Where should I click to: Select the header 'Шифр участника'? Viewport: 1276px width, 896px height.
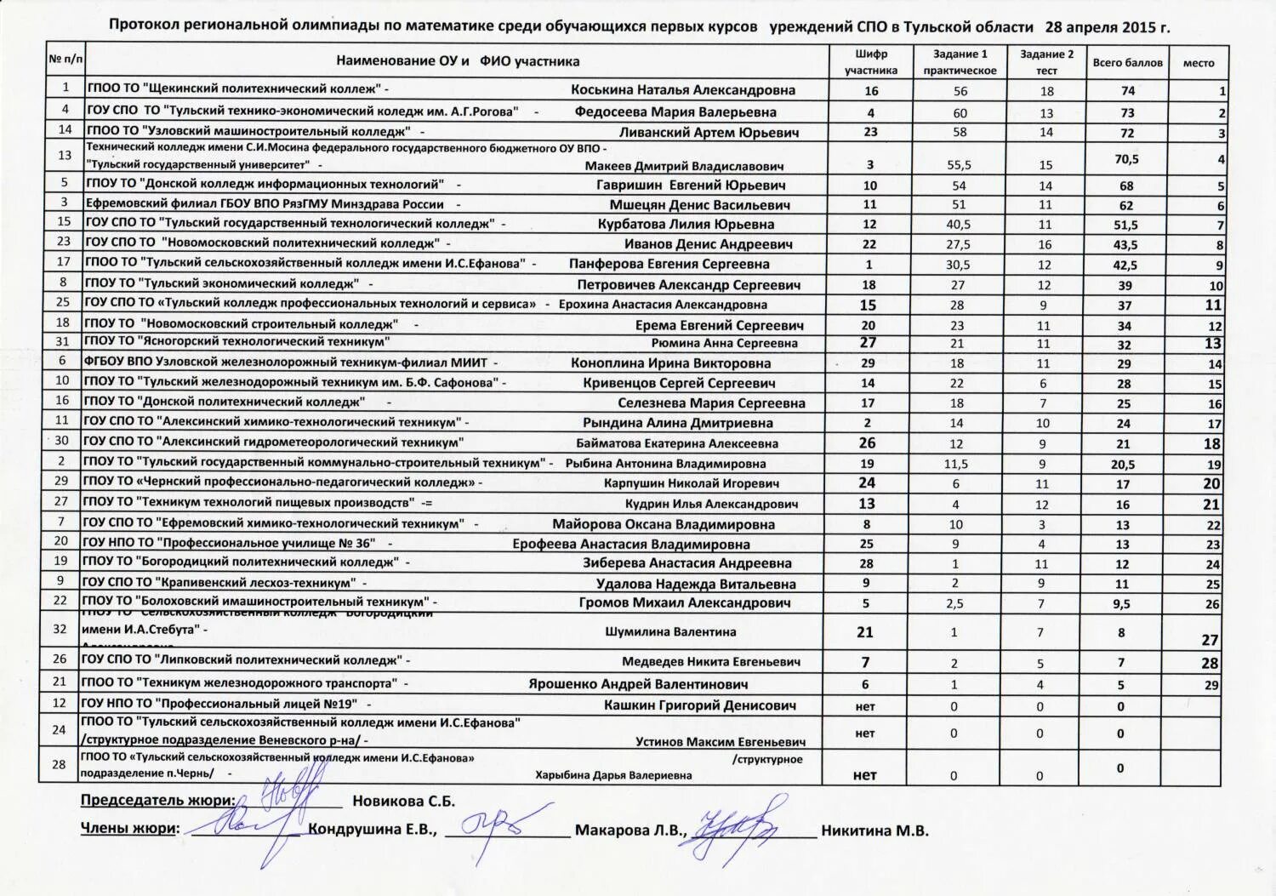click(x=870, y=62)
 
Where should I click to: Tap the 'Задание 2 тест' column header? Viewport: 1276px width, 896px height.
click(x=1046, y=62)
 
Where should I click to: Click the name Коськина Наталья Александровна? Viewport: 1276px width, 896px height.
click(x=683, y=90)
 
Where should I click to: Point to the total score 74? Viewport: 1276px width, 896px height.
click(x=1128, y=91)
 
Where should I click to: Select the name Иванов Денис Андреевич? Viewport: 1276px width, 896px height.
click(x=708, y=244)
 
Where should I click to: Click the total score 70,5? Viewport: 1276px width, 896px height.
click(x=1126, y=159)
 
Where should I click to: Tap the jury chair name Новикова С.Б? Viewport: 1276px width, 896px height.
click(x=403, y=801)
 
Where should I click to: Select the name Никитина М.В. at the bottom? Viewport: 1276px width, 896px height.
click(x=874, y=831)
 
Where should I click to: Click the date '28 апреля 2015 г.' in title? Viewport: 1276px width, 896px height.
click(x=1108, y=27)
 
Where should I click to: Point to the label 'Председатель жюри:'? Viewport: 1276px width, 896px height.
click(x=157, y=801)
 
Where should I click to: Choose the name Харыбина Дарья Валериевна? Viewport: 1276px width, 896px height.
click(x=612, y=775)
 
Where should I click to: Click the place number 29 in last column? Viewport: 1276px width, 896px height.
click(x=1210, y=685)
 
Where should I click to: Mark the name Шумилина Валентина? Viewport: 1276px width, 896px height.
click(x=670, y=632)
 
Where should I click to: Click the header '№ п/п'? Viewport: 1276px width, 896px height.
click(x=66, y=60)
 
